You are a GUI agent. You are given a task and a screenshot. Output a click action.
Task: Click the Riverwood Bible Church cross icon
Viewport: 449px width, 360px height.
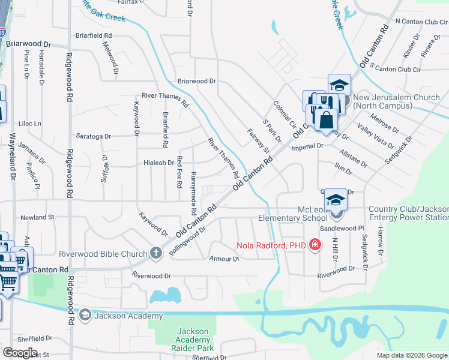156,253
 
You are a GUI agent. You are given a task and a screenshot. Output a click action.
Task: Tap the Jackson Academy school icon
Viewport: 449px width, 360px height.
85,315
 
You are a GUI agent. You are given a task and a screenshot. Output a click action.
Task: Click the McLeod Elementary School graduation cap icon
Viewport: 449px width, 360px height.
336,200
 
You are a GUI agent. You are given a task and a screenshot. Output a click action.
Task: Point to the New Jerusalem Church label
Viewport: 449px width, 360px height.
396,101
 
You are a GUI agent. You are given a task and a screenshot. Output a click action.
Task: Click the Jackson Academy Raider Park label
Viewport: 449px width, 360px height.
193,340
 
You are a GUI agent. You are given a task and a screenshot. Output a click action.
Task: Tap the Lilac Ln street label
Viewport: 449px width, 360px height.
29,123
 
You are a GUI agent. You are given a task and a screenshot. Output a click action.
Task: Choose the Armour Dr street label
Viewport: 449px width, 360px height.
224,259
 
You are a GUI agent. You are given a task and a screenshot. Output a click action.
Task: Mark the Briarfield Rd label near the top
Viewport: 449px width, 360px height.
94,35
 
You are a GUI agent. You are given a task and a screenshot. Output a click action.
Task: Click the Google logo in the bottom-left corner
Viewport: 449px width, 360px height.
20,352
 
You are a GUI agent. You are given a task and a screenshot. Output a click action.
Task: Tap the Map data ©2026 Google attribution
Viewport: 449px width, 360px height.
411,355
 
